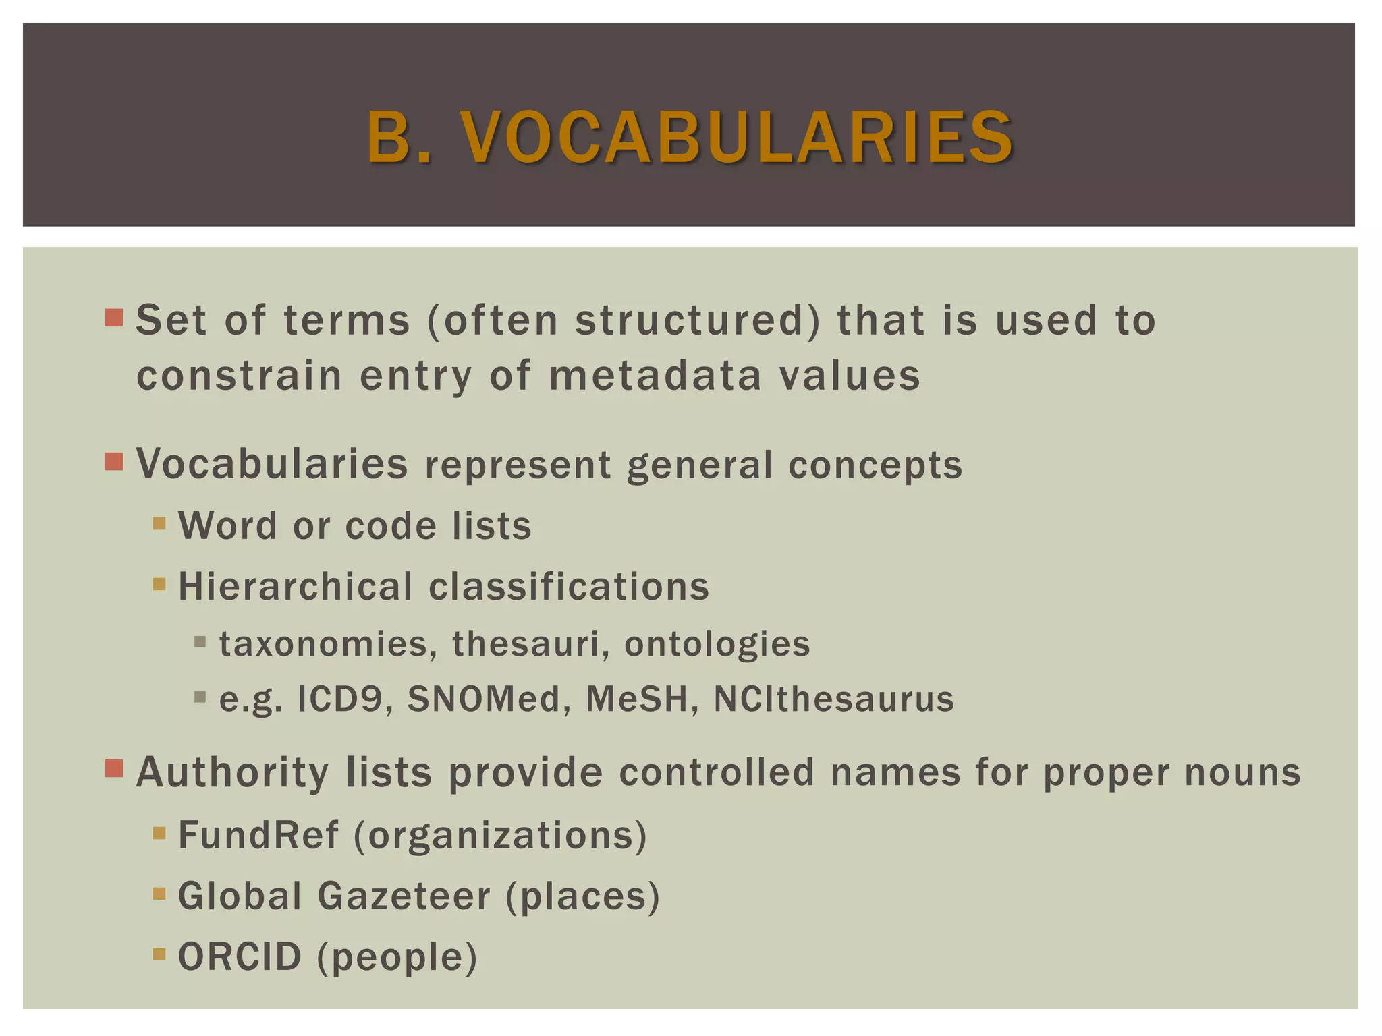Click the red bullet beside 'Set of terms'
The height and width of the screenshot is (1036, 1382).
(x=115, y=318)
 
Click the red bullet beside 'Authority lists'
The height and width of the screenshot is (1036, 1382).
(x=115, y=769)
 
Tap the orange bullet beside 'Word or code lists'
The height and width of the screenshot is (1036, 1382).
(x=159, y=523)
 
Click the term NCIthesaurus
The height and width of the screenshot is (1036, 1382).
(x=834, y=699)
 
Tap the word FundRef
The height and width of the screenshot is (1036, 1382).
(x=258, y=835)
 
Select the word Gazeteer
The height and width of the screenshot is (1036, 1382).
(x=404, y=896)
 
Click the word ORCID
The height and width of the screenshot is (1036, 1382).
(x=240, y=956)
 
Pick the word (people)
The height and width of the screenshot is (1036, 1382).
(x=397, y=958)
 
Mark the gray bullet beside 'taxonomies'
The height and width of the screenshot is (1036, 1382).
(x=200, y=642)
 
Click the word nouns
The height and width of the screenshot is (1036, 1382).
(x=1243, y=773)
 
